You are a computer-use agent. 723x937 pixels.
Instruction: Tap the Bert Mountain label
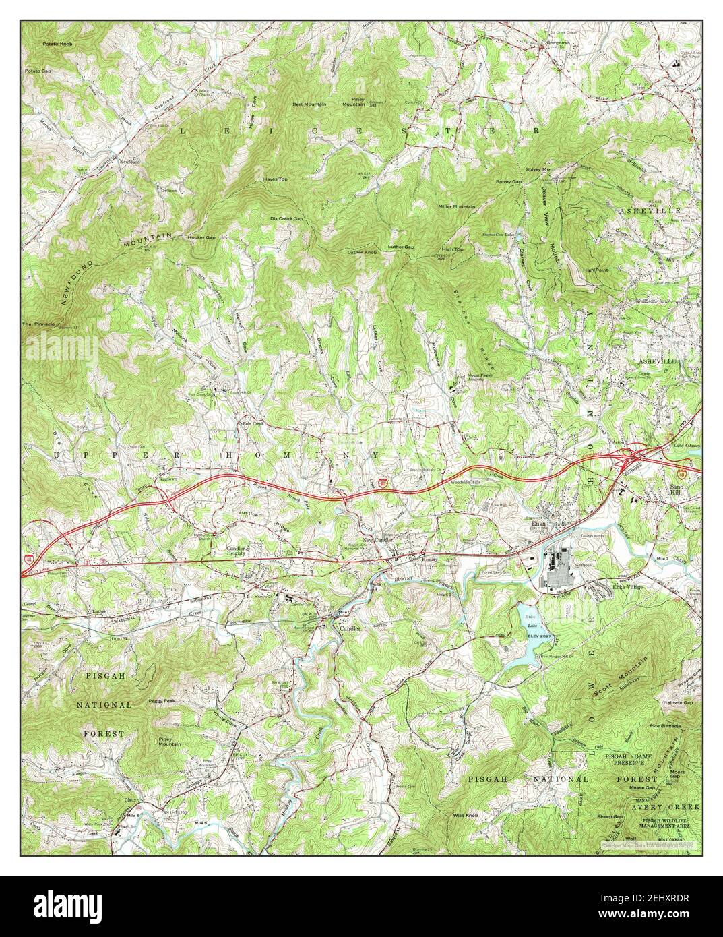tap(309, 104)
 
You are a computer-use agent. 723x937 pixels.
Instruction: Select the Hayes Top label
tap(275, 179)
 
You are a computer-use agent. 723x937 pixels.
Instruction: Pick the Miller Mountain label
tap(456, 206)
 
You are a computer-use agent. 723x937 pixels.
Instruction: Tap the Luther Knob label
tap(361, 252)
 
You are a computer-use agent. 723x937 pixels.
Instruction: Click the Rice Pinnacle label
tap(665, 726)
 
